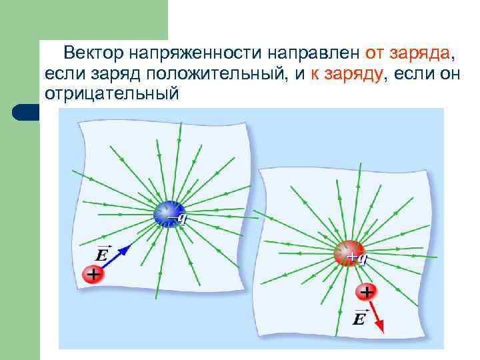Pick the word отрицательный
[111, 94]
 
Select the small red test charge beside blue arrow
[93, 274]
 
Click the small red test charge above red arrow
[367, 291]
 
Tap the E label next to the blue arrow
[101, 255]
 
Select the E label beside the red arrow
[359, 319]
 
